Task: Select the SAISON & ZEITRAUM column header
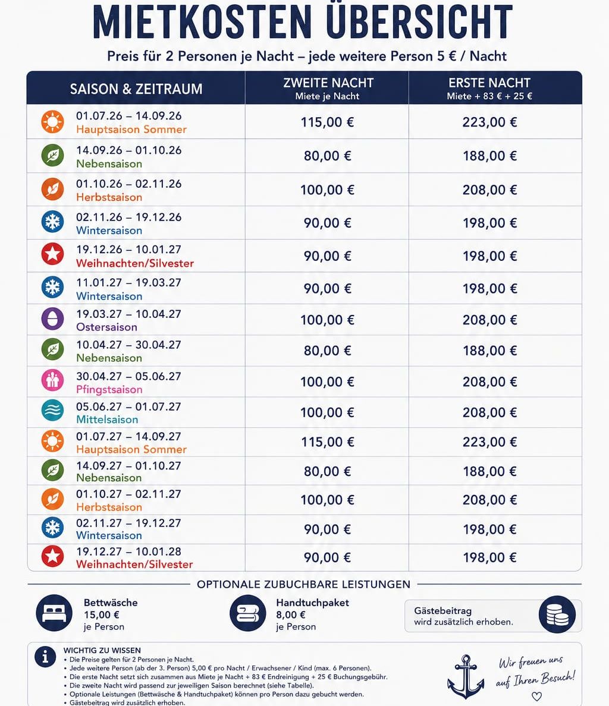(136, 89)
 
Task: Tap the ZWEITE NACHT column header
(328, 83)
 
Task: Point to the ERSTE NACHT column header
(489, 83)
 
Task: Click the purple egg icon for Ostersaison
(53, 319)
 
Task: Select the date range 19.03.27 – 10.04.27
(128, 314)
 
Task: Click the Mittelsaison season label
(107, 420)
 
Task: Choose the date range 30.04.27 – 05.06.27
(128, 376)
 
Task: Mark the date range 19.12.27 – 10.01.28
(128, 551)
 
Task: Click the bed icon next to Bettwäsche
(54, 613)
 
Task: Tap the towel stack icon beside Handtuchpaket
(248, 613)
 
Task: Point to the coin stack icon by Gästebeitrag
(557, 614)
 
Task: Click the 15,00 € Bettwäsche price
(101, 614)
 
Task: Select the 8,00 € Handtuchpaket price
(291, 614)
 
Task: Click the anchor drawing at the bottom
(466, 677)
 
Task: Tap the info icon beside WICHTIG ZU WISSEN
(45, 657)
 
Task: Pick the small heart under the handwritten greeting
(536, 696)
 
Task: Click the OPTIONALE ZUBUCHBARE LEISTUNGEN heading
(303, 584)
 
